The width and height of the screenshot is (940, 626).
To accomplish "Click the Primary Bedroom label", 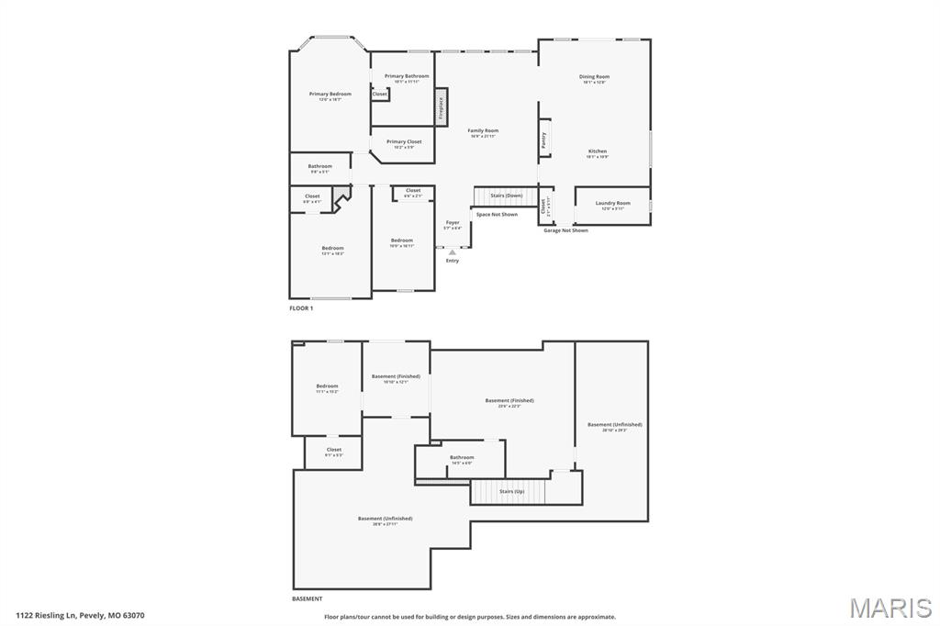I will pos(330,95).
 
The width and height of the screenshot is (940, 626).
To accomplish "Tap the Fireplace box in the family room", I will pos(441,108).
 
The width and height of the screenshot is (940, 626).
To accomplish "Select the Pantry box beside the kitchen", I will pos(543,140).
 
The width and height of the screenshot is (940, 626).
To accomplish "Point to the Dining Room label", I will pos(594,77).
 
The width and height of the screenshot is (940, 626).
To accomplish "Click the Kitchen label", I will pos(598,151).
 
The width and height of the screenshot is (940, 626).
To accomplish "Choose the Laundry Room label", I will pos(612,203).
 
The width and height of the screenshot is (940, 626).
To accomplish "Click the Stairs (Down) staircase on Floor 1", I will pos(504,196).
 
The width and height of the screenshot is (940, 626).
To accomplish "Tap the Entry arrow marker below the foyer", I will pos(452,252).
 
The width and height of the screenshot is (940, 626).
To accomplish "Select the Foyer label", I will pos(453,223).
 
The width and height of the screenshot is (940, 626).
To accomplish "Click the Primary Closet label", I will pos(404,142).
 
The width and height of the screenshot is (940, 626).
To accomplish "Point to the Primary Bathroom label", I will pos(407,76).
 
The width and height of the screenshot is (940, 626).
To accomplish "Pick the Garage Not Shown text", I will pos(565,230).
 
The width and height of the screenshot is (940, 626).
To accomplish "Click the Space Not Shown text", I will pos(497,215).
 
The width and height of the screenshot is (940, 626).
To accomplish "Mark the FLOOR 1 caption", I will pos(301,308).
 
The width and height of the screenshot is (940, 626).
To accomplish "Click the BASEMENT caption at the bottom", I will pos(308,598).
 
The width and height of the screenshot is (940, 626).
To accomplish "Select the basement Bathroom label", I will pos(462,457).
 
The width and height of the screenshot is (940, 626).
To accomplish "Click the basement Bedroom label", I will pos(328,386).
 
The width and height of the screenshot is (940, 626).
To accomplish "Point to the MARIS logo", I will pos(890,608).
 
